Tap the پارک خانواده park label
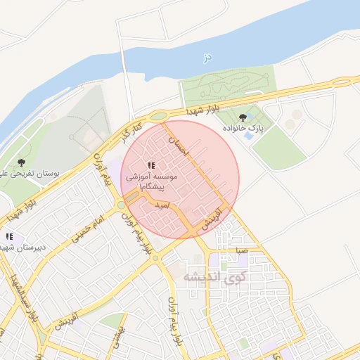tap(243, 129)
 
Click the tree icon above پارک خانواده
tap(243, 117)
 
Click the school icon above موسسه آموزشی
tap(151, 166)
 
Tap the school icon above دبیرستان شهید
tap(9, 236)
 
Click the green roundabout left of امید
tap(121, 205)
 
